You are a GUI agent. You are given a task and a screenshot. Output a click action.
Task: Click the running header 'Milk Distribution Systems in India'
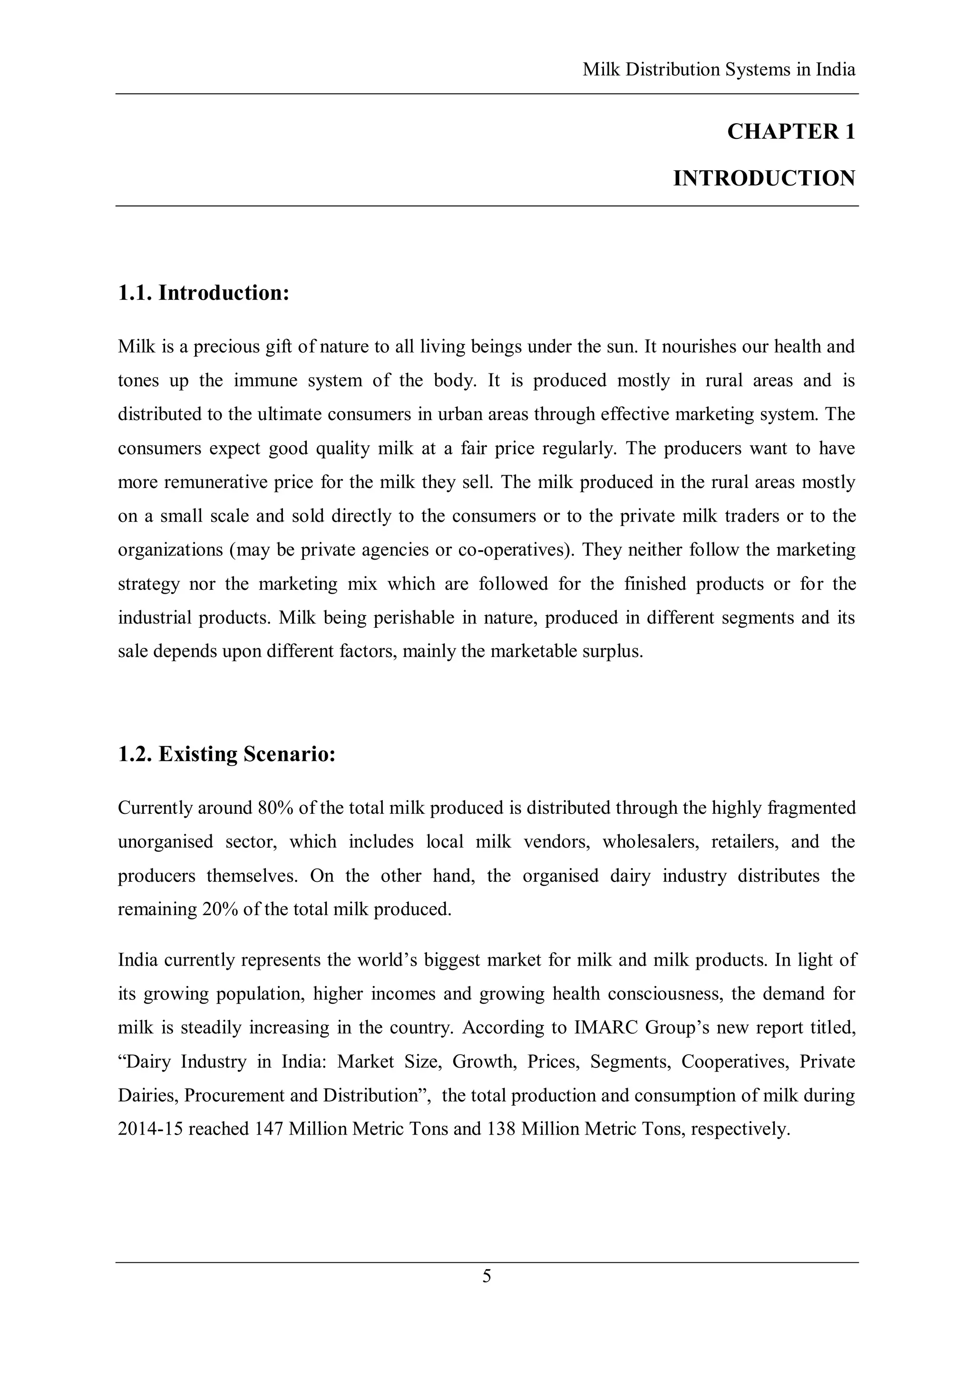[718, 70]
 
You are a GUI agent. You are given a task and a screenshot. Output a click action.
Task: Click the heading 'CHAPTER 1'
[790, 132]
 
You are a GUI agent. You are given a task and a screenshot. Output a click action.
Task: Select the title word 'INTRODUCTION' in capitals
[763, 179]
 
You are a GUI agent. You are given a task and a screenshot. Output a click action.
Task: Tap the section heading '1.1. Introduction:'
[204, 293]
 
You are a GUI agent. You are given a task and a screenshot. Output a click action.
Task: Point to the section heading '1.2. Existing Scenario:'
[226, 754]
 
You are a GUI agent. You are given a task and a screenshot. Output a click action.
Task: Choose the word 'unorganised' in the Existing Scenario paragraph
[165, 842]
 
